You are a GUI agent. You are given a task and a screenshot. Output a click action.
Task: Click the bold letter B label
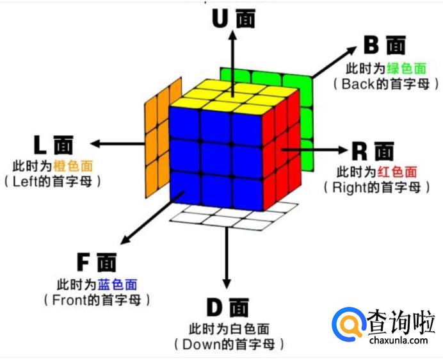pyautogui.click(x=373, y=44)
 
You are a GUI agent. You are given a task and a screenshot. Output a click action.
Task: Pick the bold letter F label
pyautogui.click(x=84, y=263)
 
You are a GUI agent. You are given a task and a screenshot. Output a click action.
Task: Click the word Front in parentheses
pyautogui.click(x=68, y=300)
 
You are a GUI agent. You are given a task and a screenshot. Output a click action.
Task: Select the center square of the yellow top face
pyautogui.click(x=234, y=97)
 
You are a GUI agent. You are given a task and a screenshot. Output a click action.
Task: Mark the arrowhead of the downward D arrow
pyautogui.click(x=226, y=282)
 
